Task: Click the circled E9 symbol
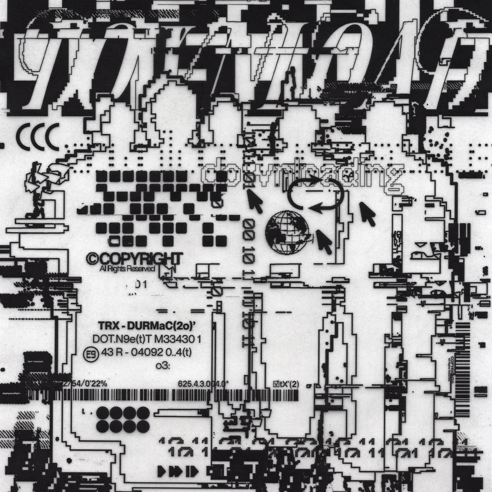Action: point(87,353)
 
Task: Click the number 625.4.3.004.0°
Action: point(203,384)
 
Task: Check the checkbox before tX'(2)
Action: point(272,384)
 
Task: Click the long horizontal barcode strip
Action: point(178,395)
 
